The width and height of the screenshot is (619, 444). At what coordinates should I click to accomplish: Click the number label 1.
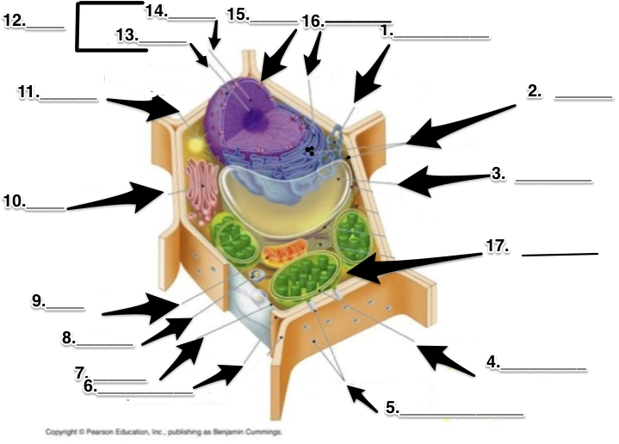pyautogui.click(x=387, y=30)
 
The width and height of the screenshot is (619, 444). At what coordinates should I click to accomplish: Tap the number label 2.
pyautogui.click(x=535, y=90)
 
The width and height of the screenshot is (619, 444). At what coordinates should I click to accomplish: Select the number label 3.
pyautogui.click(x=498, y=173)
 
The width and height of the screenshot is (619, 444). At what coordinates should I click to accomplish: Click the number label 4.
pyautogui.click(x=492, y=362)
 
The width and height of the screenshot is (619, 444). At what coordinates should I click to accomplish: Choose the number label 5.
pyautogui.click(x=392, y=408)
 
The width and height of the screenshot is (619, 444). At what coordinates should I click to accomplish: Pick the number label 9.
pyautogui.click(x=39, y=300)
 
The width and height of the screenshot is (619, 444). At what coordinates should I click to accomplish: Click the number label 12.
pyautogui.click(x=14, y=20)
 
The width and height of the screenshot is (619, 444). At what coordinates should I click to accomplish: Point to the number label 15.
pyautogui.click(x=238, y=15)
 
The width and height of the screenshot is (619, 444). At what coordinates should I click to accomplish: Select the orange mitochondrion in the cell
pyautogui.click(x=283, y=253)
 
